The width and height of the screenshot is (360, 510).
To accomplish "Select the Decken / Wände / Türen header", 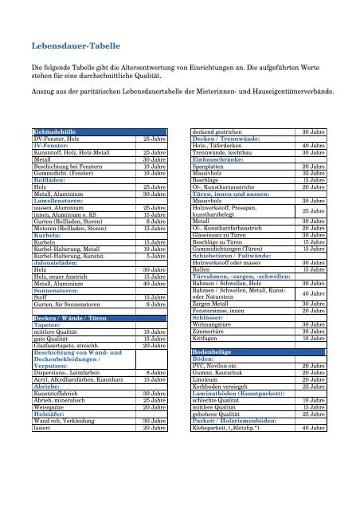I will pos(71,318).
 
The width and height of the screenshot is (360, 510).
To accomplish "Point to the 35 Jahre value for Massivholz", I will pos(309,171).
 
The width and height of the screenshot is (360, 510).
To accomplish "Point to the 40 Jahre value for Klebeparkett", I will pos(309,428).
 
